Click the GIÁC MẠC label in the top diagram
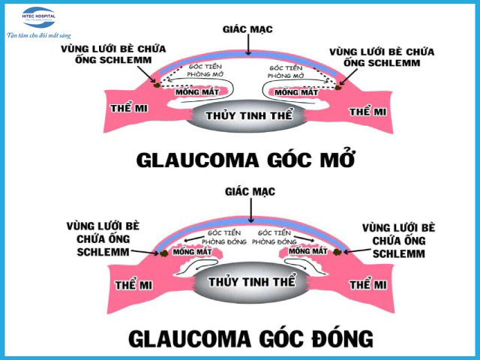coord(247,29)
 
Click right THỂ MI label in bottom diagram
coord(369,286)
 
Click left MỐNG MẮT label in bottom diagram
coord(190,252)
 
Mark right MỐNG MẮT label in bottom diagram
coord(309,252)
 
